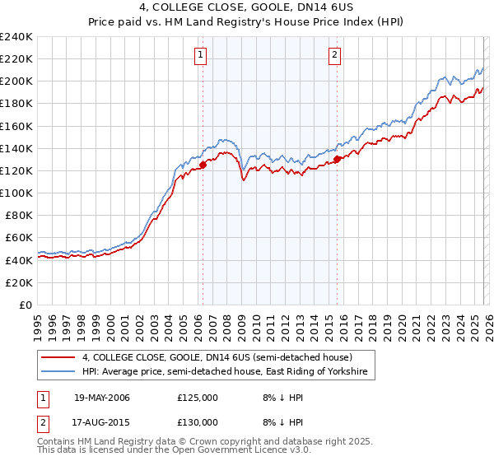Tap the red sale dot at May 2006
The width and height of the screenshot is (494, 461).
203,165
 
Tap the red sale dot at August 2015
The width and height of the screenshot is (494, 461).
338,160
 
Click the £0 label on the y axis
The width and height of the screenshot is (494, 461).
25,305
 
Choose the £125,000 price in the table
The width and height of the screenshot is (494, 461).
197,398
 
